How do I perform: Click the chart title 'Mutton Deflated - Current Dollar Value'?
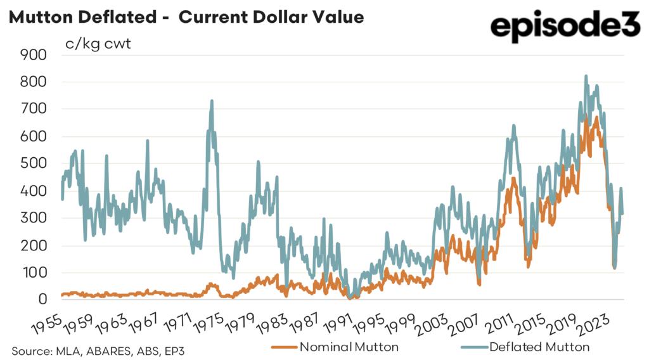click(186, 17)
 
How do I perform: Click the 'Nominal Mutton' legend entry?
click(342, 347)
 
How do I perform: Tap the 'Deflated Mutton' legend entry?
click(538, 347)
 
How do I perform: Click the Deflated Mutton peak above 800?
click(586, 76)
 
